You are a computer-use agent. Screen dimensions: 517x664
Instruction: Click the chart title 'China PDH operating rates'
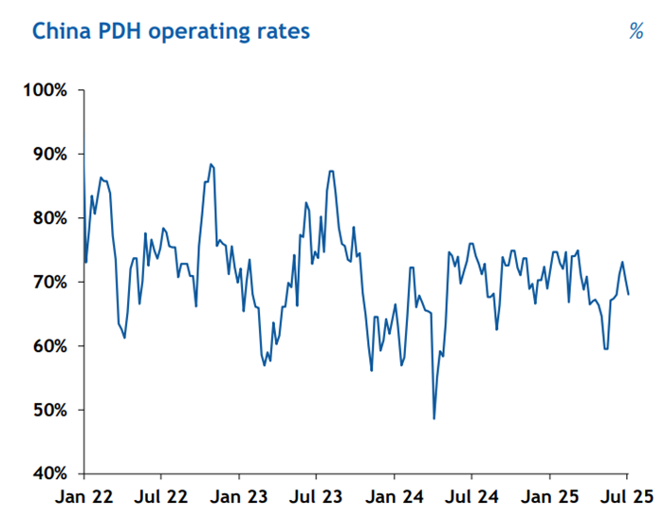point(171,30)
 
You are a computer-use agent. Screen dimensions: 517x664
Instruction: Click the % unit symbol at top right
point(636,31)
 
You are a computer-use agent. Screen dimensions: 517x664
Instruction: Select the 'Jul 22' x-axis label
point(161,496)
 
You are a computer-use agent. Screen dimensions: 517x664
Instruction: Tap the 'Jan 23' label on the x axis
point(239,496)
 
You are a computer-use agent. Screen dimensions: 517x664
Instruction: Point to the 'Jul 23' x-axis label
point(316,496)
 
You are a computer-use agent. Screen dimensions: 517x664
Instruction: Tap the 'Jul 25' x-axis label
point(626,496)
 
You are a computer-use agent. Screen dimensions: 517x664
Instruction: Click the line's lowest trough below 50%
point(433,418)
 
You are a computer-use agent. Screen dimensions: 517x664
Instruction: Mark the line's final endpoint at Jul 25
point(629,294)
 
